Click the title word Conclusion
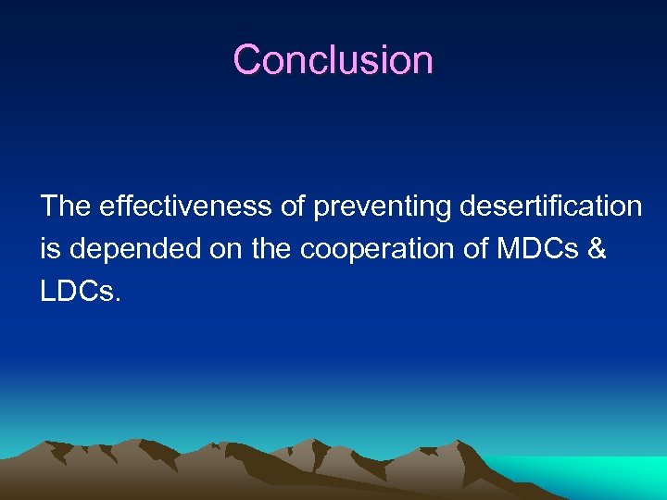[333, 60]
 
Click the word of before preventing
[294, 206]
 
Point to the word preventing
[382, 206]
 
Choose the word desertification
[550, 206]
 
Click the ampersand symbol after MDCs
[597, 249]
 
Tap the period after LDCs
[118, 300]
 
